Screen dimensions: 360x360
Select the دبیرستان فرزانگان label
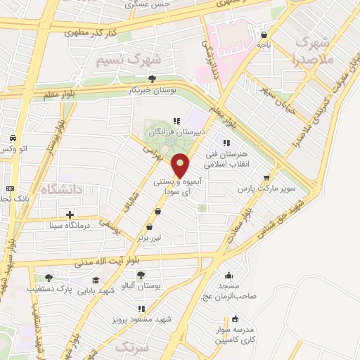tap(179, 131)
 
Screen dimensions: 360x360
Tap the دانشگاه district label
tap(63, 188)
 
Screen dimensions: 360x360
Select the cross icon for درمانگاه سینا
tap(69, 214)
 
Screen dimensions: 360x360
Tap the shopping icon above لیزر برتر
tap(148, 227)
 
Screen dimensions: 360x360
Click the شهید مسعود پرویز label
tap(136, 320)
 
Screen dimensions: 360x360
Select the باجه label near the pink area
tap(264, 45)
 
